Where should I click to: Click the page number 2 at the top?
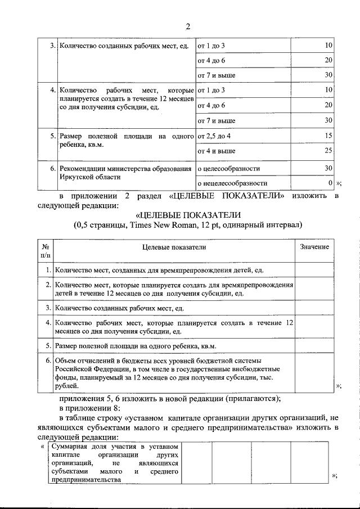click(x=188, y=26)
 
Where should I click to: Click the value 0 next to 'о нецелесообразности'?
click(x=330, y=183)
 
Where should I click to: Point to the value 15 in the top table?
click(x=328, y=136)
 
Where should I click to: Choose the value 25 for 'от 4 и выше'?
click(x=328, y=151)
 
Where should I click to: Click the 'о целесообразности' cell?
click(x=228, y=168)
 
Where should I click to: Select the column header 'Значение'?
click(x=314, y=247)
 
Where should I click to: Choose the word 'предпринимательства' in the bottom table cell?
click(x=85, y=480)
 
